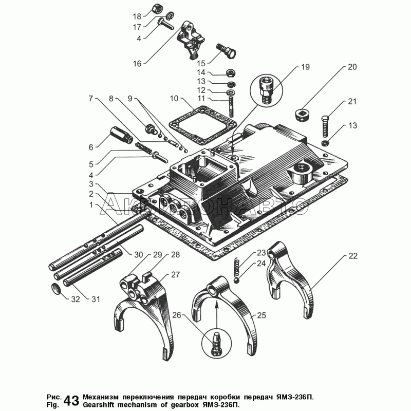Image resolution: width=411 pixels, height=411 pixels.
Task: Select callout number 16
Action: [x=137, y=64]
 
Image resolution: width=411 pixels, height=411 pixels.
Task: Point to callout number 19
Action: [x=305, y=67]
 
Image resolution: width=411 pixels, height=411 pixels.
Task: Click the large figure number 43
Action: [x=71, y=400]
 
